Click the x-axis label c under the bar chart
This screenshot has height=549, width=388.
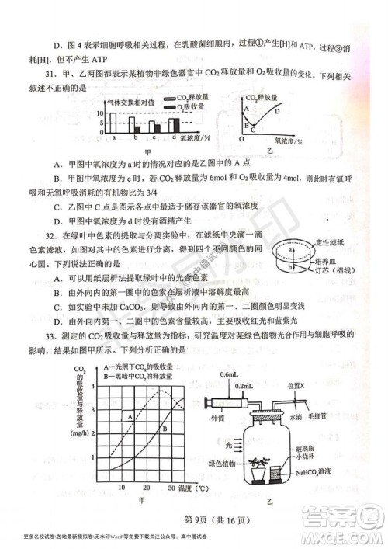pyautogui.click(x=154, y=137)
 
